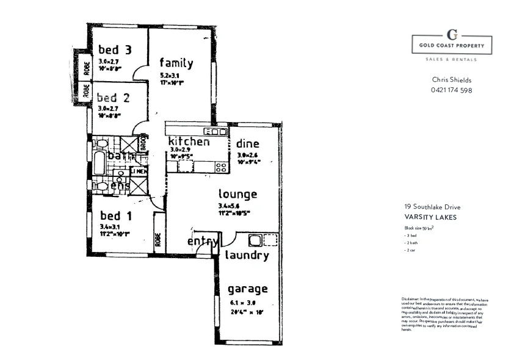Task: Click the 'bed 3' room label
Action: coord(115,49)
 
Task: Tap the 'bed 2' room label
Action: coord(115,97)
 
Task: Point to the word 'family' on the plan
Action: coord(176,63)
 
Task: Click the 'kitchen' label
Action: coord(189,142)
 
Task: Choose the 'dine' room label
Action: coord(248,144)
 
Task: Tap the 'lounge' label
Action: coord(238,195)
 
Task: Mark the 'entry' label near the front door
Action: coord(203,242)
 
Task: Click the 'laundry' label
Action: coord(247,256)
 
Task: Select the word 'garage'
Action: coord(247,289)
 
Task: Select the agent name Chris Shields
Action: coord(452,80)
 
